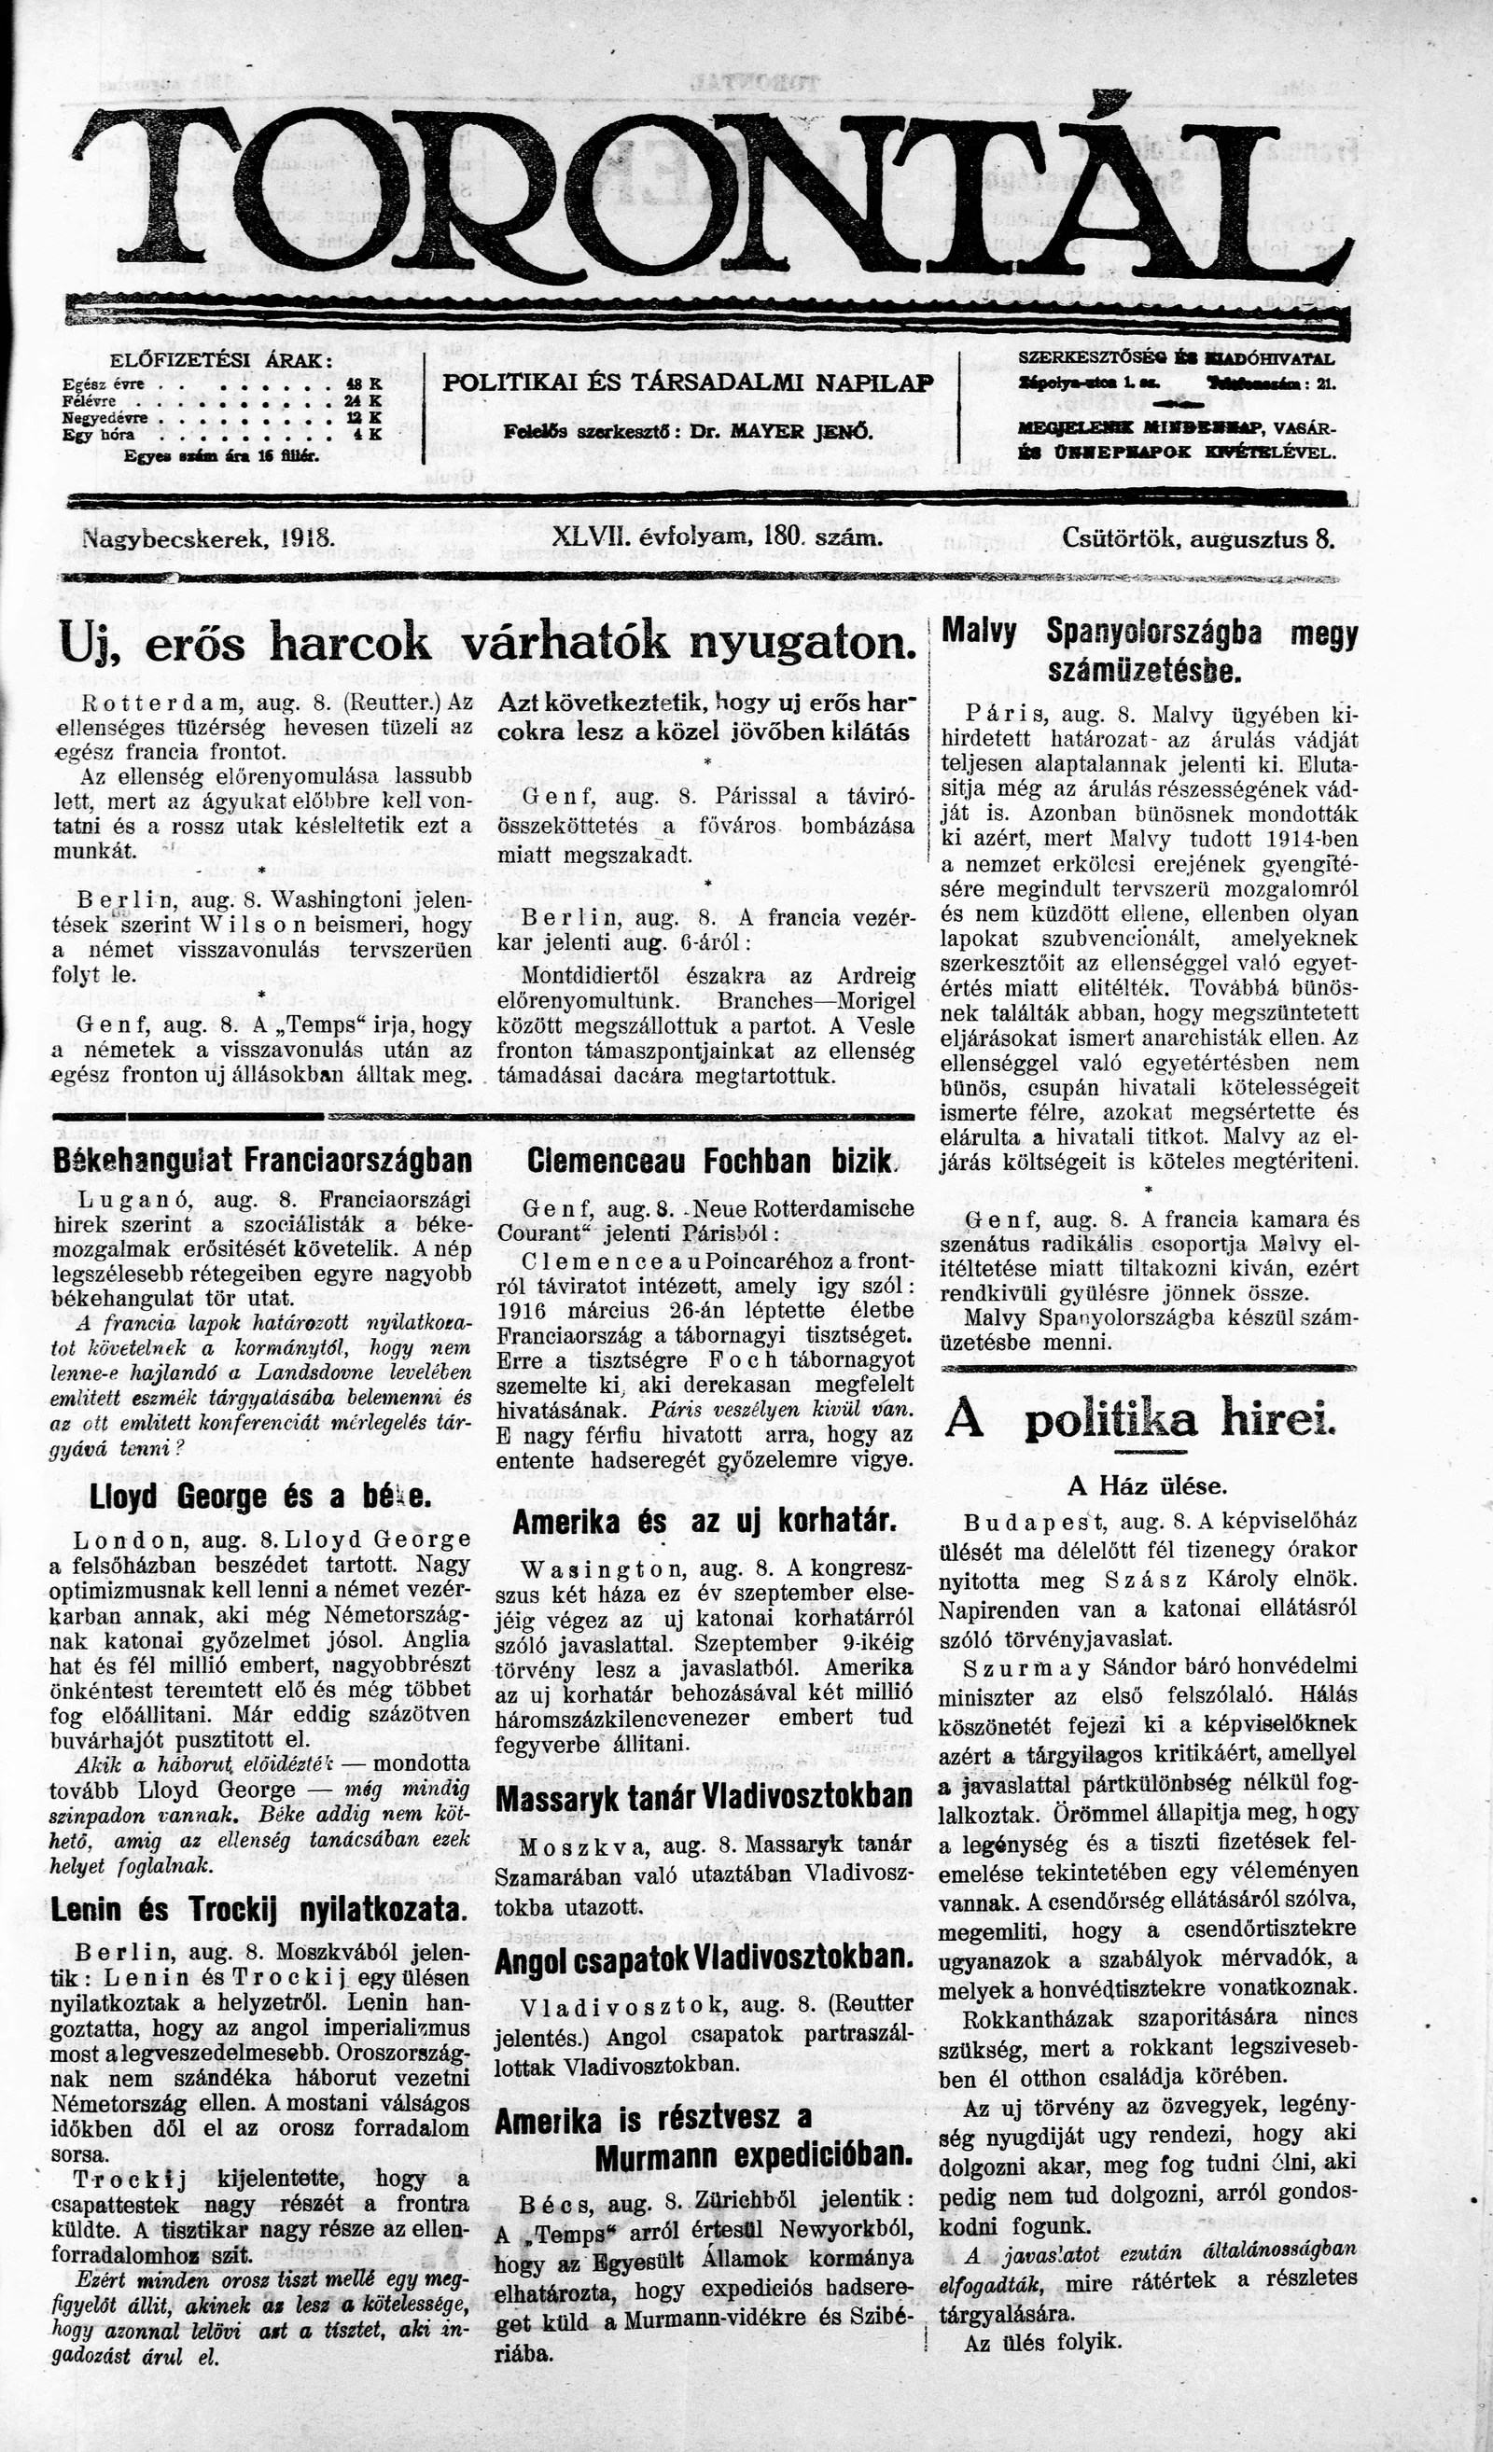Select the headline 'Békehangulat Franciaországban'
(x=262, y=1161)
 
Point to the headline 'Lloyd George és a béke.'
(x=260, y=1497)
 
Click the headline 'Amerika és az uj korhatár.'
(x=705, y=1523)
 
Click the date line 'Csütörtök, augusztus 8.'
(x=1197, y=539)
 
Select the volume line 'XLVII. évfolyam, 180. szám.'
(x=718, y=539)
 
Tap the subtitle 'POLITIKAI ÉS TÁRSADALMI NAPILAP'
(x=688, y=383)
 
